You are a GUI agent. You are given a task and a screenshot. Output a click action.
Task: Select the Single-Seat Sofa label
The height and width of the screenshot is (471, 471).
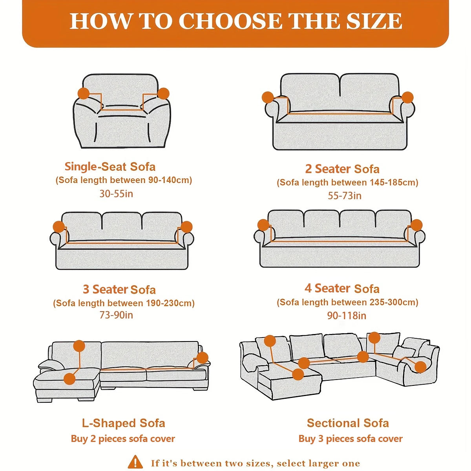click(x=110, y=166)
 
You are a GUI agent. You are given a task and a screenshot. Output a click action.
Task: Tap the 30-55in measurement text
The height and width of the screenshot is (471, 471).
click(x=116, y=194)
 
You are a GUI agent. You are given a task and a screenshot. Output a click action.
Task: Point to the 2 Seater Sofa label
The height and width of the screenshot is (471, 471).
click(x=342, y=169)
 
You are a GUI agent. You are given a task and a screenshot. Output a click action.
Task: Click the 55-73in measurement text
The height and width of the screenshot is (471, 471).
click(x=345, y=195)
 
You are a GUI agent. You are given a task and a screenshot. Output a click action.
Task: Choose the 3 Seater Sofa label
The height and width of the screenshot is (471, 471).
click(x=119, y=289)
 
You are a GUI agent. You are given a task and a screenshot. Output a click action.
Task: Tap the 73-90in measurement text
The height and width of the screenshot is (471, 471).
click(x=116, y=315)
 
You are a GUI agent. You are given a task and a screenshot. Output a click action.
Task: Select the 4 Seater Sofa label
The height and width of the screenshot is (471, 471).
click(x=342, y=288)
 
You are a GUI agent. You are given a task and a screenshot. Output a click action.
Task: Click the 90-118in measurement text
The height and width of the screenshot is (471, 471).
click(x=347, y=316)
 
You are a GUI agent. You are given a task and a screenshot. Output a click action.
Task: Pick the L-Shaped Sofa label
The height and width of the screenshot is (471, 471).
click(x=123, y=423)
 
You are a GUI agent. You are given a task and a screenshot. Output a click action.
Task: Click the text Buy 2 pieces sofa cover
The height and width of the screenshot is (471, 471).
click(x=123, y=439)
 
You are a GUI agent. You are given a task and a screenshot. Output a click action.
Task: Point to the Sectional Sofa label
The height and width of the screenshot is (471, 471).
click(x=348, y=423)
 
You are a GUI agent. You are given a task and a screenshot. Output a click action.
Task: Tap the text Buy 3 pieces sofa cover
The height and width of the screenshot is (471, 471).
click(x=351, y=439)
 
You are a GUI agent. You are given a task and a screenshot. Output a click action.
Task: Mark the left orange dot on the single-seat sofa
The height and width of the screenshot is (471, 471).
click(x=84, y=93)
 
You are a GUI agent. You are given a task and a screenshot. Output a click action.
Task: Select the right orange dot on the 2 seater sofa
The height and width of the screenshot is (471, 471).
click(x=407, y=97)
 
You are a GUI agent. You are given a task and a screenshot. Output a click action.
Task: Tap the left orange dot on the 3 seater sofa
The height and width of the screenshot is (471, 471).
click(x=59, y=226)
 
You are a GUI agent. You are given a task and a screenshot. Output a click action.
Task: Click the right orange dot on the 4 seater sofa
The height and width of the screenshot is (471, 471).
click(x=416, y=225)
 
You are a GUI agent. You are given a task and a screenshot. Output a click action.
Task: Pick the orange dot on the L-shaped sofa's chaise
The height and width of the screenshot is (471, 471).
click(x=69, y=379)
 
